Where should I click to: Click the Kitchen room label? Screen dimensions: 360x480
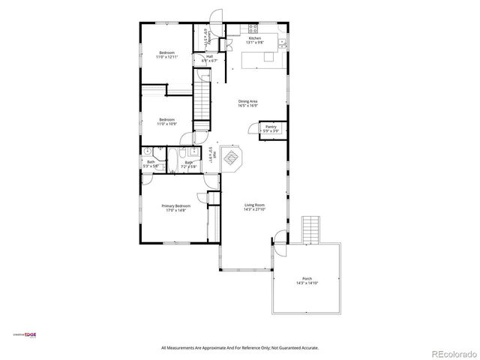click(255, 39)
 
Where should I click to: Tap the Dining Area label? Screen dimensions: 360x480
click(248, 103)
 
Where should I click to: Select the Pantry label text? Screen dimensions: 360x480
click(271, 128)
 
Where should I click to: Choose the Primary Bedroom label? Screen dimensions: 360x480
click(175, 208)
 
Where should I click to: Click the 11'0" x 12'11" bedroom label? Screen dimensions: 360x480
click(166, 54)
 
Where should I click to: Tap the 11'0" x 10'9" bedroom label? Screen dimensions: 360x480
click(166, 121)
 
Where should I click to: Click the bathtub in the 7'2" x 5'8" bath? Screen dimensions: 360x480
click(173, 160)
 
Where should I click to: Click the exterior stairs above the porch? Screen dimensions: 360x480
click(310, 229)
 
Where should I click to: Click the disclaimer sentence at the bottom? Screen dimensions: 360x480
click(239, 348)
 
